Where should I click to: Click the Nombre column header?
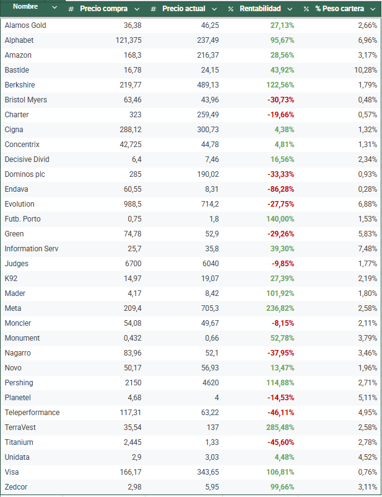[x=25, y=7]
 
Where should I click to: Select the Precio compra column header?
[x=103, y=9]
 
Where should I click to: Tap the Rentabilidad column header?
[x=260, y=9]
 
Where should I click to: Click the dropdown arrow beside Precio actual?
[x=214, y=9]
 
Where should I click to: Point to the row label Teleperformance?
[x=32, y=413]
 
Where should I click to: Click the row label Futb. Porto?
[x=22, y=219]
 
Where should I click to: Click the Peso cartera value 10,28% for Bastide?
[x=365, y=70]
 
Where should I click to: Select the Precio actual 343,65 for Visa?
[x=206, y=472]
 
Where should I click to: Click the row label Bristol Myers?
[x=25, y=100]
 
